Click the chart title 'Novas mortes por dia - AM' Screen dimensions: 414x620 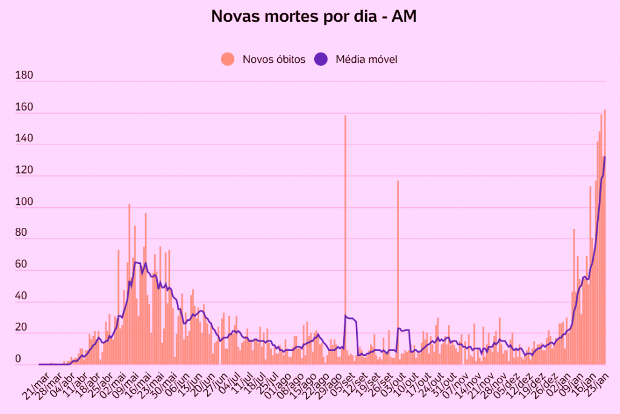(314, 16)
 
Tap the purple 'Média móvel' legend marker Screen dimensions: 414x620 (321, 59)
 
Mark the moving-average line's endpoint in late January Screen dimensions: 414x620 (605, 157)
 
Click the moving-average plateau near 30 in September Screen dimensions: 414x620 (351, 318)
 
